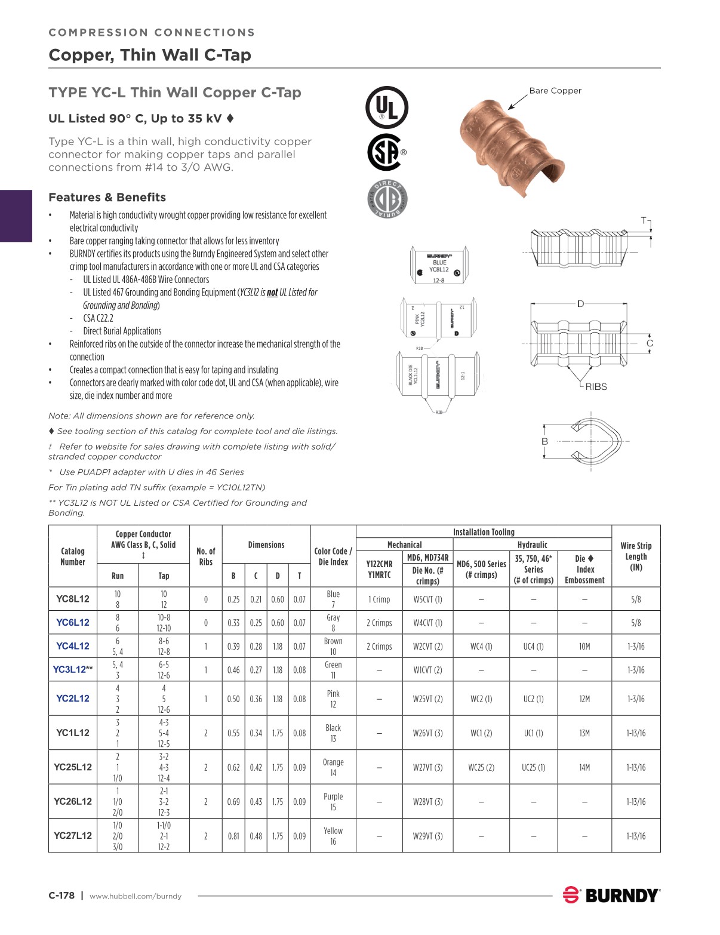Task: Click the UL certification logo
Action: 386,108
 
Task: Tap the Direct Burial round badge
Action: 386,198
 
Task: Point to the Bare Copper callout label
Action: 555,91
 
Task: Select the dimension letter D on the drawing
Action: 580,304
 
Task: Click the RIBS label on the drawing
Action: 595,386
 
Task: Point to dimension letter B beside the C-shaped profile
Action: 544,441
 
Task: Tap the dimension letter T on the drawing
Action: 644,220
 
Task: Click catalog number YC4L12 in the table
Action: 73,646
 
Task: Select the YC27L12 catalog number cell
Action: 73,836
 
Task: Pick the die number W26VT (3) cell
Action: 427,733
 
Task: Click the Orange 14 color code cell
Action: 333,767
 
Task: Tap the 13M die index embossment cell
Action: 584,733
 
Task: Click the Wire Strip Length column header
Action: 636,556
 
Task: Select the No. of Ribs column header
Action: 205,556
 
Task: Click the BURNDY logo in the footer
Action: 611,895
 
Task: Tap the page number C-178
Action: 61,895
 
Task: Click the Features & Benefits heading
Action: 107,197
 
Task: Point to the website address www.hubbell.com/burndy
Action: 136,896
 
